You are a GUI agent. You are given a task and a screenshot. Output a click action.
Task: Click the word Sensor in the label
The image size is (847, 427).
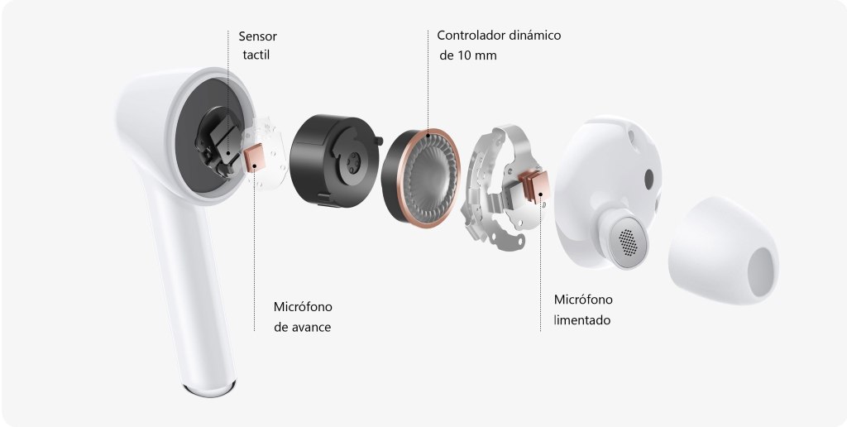coord(258,36)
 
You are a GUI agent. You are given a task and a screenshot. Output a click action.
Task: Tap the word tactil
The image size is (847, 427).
coord(256,55)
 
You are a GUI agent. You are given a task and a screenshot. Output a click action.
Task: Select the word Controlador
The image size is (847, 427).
coord(470,36)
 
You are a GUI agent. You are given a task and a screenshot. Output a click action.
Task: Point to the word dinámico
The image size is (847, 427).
coord(534,36)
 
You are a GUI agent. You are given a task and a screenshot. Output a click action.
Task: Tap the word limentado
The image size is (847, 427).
coord(582,320)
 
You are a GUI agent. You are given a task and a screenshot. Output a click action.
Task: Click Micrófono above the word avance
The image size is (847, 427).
coord(303,307)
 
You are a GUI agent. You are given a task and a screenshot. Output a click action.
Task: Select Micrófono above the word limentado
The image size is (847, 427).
coord(583,300)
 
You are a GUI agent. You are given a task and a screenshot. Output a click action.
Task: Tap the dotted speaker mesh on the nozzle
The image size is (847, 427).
coord(628,242)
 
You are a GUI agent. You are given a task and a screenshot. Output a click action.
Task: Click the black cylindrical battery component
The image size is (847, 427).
coord(334,161)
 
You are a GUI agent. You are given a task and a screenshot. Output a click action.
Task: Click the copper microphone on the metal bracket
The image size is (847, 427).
coord(535,186)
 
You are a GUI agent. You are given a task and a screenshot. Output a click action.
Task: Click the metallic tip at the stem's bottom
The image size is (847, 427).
coord(208,388)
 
